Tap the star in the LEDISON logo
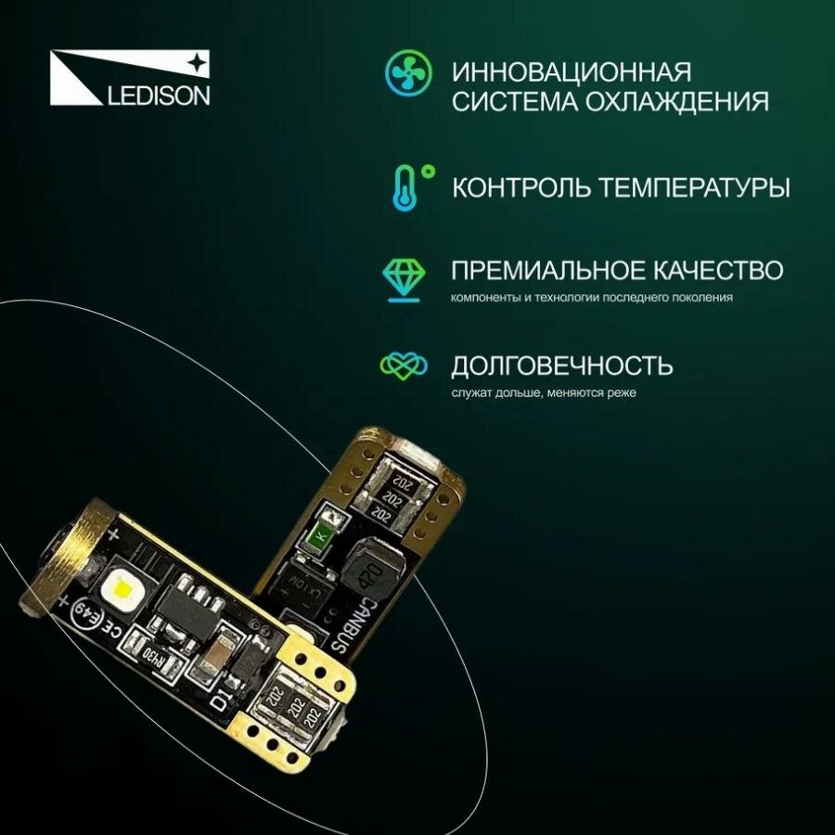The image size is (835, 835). pos(198,62)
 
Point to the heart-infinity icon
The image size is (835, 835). pos(405,364)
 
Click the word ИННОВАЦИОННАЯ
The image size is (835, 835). pos(572,72)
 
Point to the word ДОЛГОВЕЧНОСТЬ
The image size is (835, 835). pos(562,365)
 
